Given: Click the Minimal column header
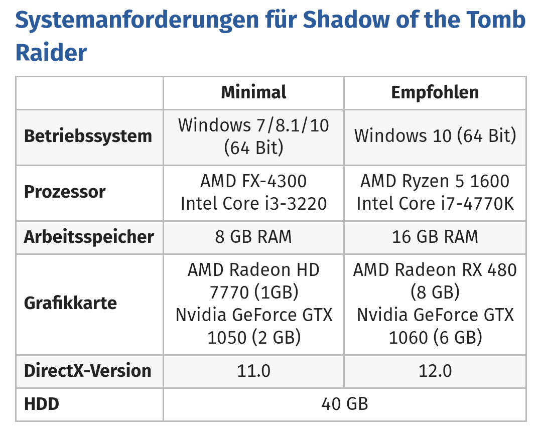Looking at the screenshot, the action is [253, 92].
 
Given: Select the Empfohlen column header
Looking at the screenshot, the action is [435, 92].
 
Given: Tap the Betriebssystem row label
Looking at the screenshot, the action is [88, 136].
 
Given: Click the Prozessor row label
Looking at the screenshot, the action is [65, 192].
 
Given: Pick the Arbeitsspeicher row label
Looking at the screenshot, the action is [89, 237].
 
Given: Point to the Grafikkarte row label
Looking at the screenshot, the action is [71, 303].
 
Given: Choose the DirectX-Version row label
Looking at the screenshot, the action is [88, 371].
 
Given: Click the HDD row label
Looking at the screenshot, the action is [42, 404].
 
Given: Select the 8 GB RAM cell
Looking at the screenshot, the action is [253, 237].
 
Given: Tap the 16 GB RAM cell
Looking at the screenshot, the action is [435, 237].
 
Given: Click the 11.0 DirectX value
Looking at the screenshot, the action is [254, 371].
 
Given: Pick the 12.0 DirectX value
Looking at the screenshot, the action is [435, 371].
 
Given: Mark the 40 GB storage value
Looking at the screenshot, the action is [345, 404].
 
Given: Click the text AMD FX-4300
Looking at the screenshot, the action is [253, 181].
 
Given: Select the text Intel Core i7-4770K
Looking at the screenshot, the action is [435, 204].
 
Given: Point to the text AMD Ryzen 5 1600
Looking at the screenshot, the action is [435, 181].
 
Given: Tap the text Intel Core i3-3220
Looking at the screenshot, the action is [254, 204].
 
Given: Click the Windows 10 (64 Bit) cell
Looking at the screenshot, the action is [435, 136].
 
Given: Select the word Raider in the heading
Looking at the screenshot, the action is [51, 53].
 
